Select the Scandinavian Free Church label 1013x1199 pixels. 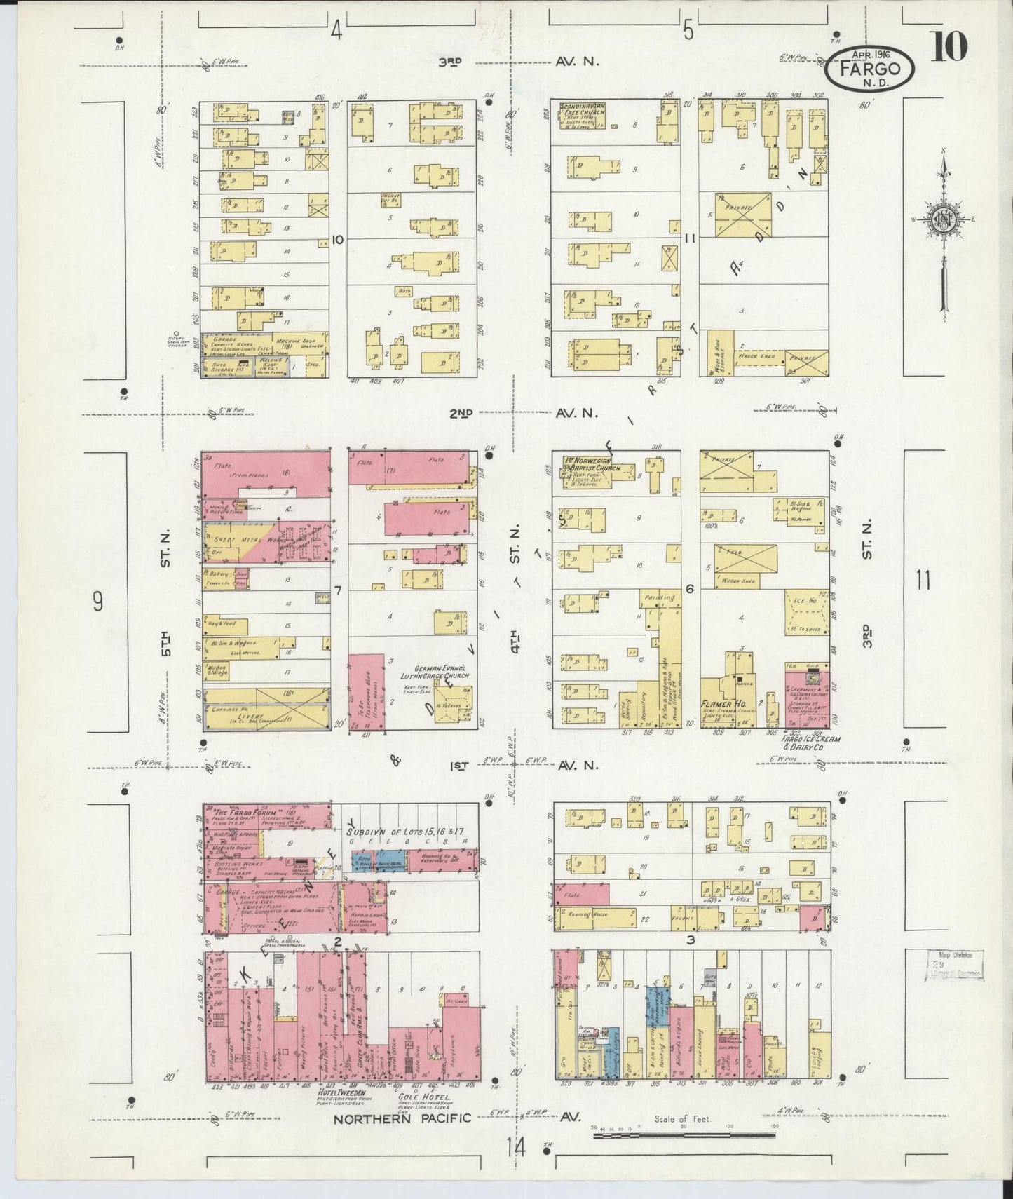click(x=583, y=109)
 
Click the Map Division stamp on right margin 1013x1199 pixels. click(x=953, y=964)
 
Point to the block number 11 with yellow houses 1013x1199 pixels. click(x=690, y=238)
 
